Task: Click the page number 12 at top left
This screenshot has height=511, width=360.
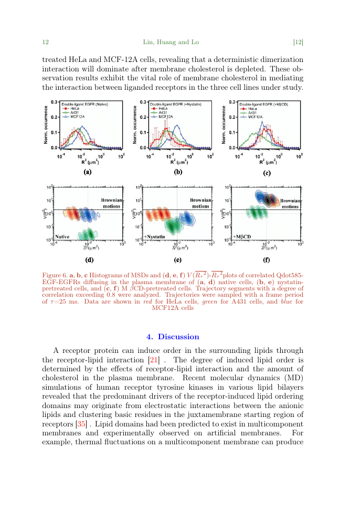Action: [x=45, y=42]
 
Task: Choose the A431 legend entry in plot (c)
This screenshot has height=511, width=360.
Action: [x=252, y=113]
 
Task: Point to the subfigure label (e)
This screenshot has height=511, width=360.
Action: [x=177, y=259]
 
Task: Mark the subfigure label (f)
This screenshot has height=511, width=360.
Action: [x=266, y=259]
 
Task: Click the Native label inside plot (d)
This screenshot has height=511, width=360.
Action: [x=62, y=237]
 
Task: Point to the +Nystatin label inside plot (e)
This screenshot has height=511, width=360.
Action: [x=156, y=237]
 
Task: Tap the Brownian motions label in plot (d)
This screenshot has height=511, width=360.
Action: [x=111, y=203]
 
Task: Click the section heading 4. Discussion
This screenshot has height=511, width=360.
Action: [x=172, y=337]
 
